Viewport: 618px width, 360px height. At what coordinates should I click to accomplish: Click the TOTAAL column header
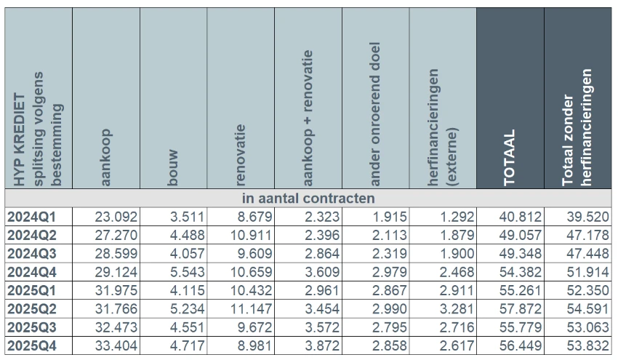(510, 157)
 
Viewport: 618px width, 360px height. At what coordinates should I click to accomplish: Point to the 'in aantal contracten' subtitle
(308, 198)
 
